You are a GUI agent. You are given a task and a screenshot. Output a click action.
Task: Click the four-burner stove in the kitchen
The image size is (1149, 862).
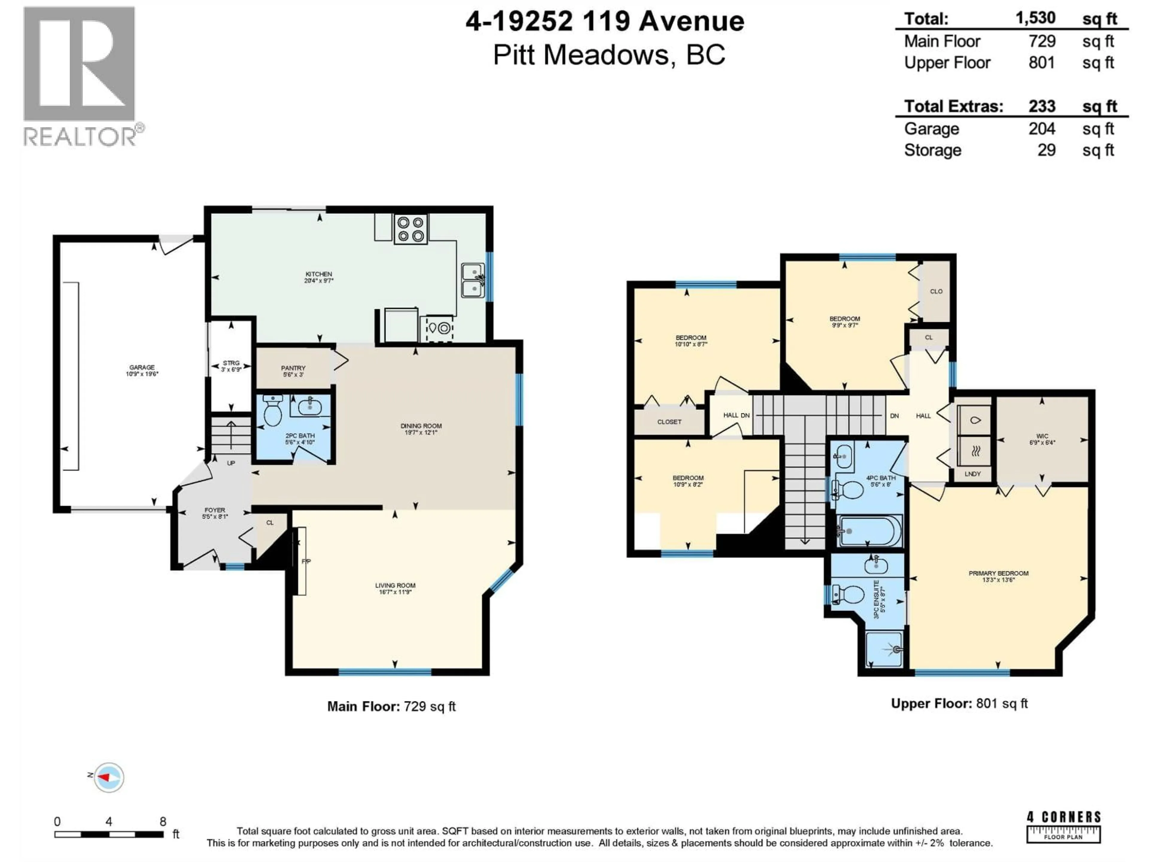410,229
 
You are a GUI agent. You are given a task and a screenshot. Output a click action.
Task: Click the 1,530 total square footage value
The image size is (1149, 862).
1035,18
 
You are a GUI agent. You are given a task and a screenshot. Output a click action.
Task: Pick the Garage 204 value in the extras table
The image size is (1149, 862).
1042,128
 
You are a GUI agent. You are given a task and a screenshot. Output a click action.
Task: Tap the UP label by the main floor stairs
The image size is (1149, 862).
231,463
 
